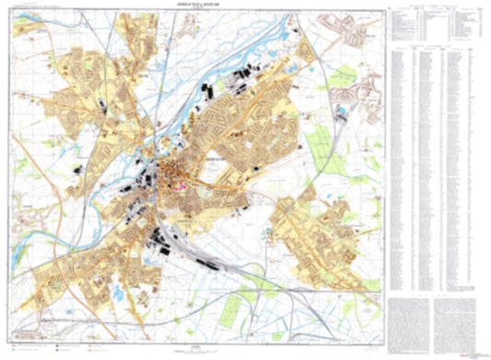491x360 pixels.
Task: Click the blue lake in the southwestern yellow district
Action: coord(121,292)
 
